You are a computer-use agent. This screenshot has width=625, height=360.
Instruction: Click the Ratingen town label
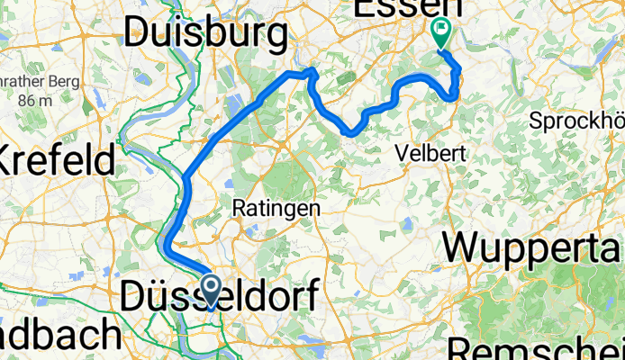tap(276, 208)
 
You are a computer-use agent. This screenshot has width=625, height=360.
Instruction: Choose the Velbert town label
tap(431, 154)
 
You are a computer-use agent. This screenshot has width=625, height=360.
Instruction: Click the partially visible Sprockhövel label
tap(576, 121)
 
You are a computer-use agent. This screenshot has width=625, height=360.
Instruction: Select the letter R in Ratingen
tap(239, 208)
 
